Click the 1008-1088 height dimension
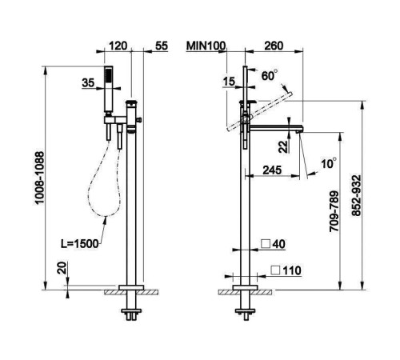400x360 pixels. tap(39, 178)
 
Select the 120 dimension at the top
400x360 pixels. tap(118, 46)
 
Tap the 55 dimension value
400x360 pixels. tap(162, 46)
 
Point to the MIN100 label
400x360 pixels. tap(206, 46)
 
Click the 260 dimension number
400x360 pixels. tap(274, 46)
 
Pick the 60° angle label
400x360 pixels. tap(270, 76)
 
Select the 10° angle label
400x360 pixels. tap(329, 163)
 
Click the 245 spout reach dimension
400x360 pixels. tap(272, 170)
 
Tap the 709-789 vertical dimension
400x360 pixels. tap(334, 211)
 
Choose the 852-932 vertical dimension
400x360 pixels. tap(356, 195)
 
